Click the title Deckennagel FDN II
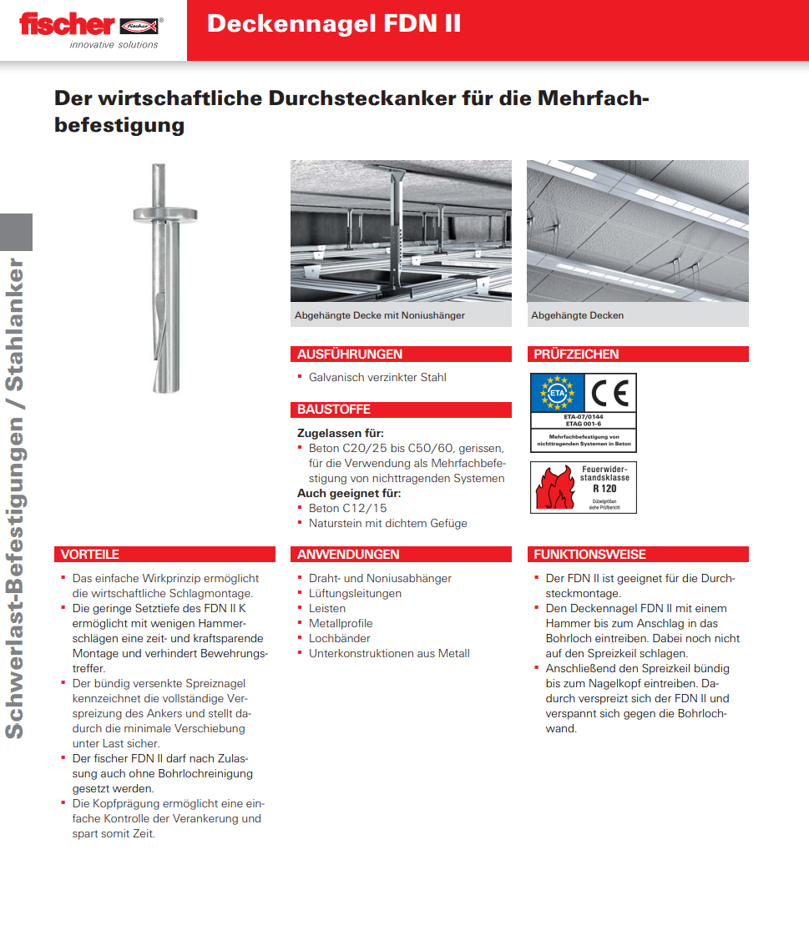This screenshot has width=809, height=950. click(x=334, y=23)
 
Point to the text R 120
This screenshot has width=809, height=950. click(x=604, y=489)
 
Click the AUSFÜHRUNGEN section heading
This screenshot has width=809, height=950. click(x=350, y=354)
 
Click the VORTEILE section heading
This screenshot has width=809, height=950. click(x=90, y=555)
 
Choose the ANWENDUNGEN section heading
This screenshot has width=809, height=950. click(x=348, y=555)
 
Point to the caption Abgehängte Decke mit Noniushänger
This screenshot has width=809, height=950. click(x=380, y=315)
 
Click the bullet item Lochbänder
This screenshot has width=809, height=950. click(x=339, y=639)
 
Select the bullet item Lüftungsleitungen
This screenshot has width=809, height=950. click(x=355, y=594)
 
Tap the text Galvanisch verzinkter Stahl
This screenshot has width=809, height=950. click(x=377, y=378)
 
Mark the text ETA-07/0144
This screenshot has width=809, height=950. click(x=583, y=416)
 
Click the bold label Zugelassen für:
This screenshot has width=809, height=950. click(x=341, y=434)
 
